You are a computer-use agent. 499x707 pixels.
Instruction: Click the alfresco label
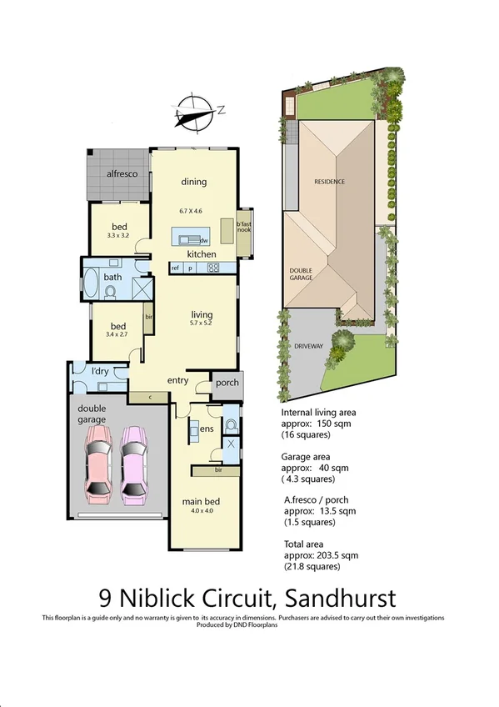click(x=121, y=173)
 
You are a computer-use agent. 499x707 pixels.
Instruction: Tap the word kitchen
click(x=202, y=253)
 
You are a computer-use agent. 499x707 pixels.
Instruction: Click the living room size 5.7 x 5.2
click(x=202, y=323)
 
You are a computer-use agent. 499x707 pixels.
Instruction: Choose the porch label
click(x=227, y=384)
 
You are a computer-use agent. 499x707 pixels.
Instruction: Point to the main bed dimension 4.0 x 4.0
click(x=200, y=511)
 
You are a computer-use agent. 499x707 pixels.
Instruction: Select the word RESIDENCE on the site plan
click(x=329, y=181)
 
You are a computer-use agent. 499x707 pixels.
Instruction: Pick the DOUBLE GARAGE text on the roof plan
click(x=301, y=273)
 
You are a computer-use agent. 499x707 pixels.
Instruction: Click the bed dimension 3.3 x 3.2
click(x=119, y=236)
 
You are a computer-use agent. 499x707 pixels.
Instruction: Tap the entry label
click(x=177, y=381)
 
